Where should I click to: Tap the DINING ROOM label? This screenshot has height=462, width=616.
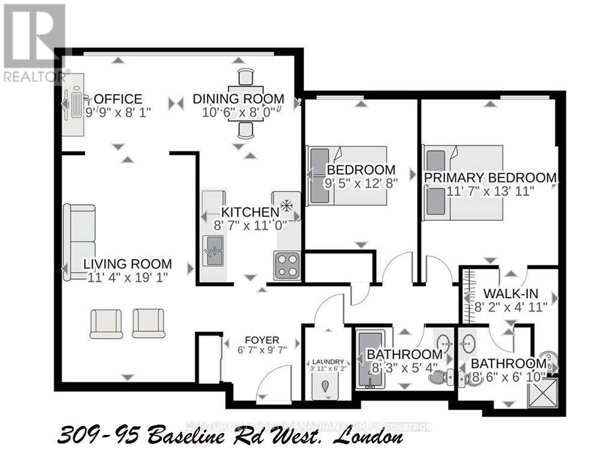point(238,99)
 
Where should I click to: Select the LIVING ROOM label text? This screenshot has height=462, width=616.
point(128,263)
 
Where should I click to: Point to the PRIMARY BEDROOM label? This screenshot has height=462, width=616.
point(490,177)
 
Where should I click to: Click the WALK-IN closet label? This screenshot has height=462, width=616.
point(511,294)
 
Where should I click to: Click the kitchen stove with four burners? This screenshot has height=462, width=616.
point(288,265)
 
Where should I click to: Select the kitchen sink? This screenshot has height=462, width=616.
point(213,250)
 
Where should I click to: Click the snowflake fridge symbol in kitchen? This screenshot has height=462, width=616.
point(286,206)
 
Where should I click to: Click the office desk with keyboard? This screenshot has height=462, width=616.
point(76,103)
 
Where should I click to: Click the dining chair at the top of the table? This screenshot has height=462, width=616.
point(245,78)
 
